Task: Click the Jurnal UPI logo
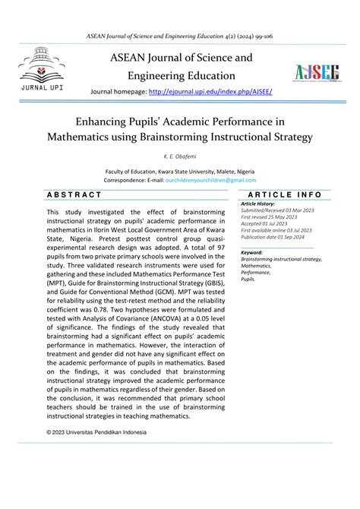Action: click(x=42, y=69)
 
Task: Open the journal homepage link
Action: click(x=212, y=91)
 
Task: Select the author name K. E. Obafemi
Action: click(x=179, y=155)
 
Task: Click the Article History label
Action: click(x=258, y=204)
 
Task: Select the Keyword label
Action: click(x=252, y=252)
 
